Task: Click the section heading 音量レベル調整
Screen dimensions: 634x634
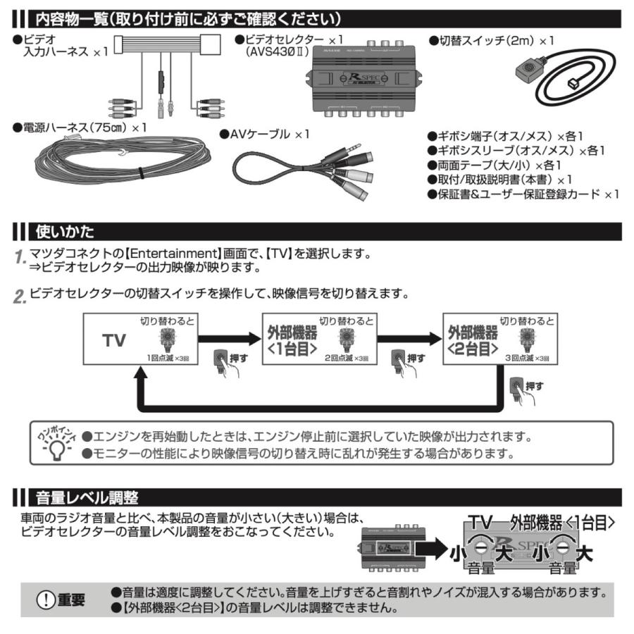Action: point(87,498)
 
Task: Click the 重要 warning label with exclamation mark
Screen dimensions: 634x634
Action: point(63,599)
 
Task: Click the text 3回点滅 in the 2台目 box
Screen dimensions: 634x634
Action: point(518,359)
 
